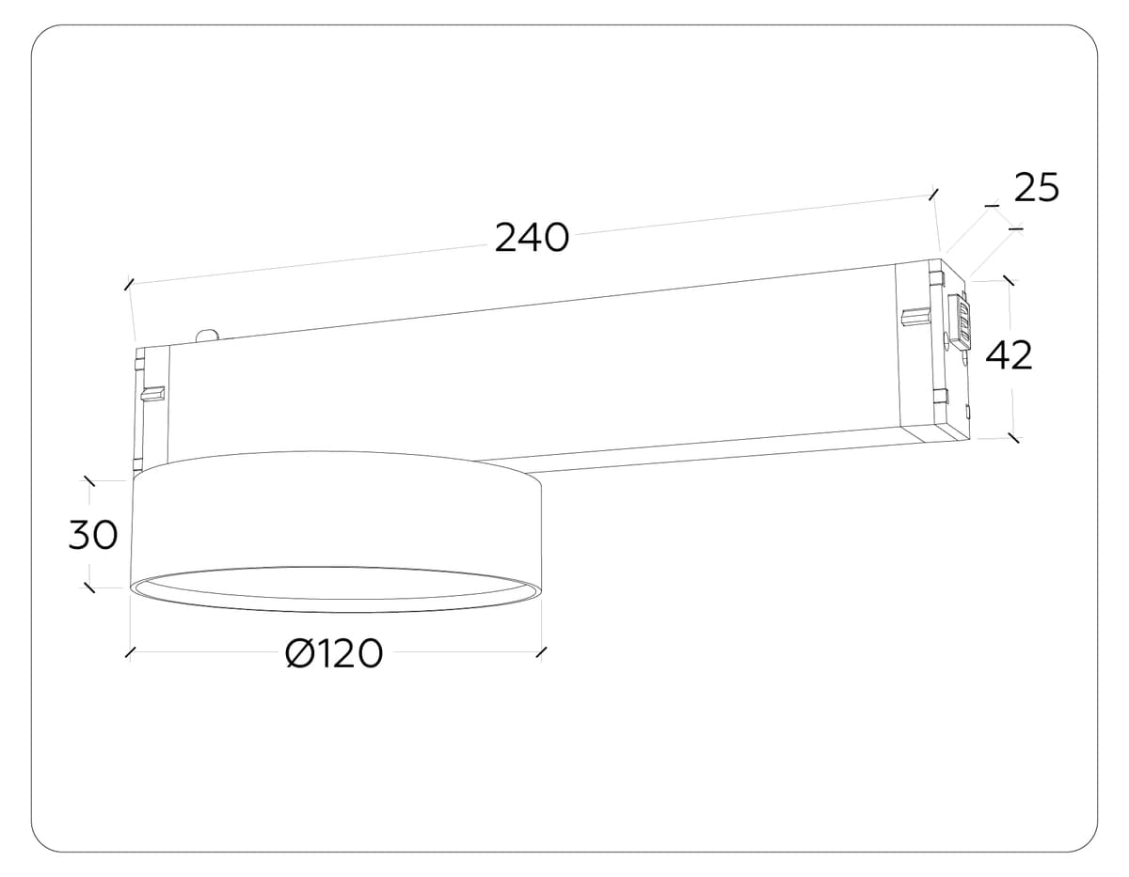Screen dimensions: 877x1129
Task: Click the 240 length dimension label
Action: (x=532, y=238)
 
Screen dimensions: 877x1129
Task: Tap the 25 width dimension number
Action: (x=1036, y=189)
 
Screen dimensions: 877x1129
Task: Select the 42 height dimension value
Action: (x=1009, y=355)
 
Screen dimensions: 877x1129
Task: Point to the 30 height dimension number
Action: (x=92, y=535)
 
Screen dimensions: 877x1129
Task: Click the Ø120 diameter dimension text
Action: (x=334, y=653)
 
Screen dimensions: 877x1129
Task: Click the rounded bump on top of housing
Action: (x=207, y=335)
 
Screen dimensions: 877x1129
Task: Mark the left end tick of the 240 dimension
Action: (x=129, y=282)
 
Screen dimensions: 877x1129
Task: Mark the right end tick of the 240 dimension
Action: (x=932, y=194)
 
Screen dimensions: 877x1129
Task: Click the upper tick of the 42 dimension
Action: (x=1009, y=280)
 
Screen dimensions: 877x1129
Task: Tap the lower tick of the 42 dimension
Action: (x=1012, y=437)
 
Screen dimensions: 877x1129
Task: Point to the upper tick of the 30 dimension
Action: (x=89, y=481)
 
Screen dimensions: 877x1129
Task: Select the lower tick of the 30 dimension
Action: (x=89, y=587)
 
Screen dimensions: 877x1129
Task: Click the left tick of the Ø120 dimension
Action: (x=131, y=652)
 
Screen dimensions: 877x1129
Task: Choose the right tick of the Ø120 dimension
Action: (x=540, y=652)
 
